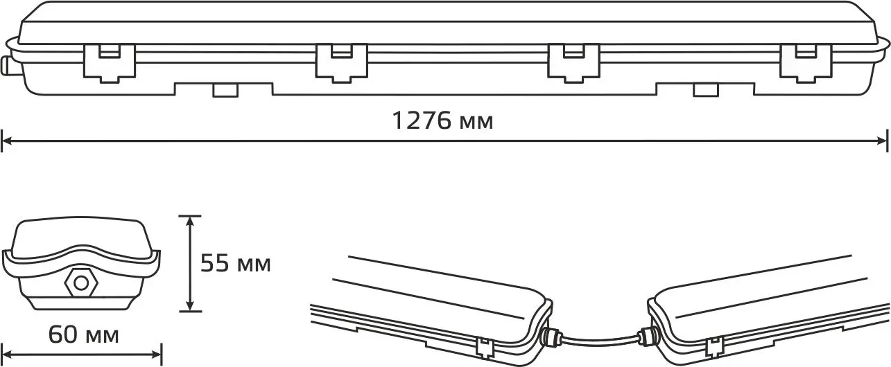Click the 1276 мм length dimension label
442,120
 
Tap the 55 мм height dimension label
236,263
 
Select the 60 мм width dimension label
83,334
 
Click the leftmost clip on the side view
110,64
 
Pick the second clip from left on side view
342,64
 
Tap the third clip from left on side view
573,64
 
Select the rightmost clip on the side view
806,64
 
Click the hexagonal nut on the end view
80,284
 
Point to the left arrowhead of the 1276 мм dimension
7,141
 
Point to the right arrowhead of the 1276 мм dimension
882,141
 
